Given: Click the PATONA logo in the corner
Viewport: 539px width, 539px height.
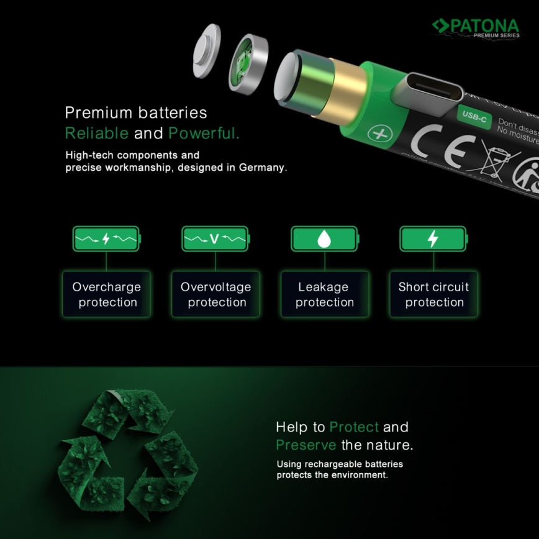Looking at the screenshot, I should click(x=475, y=27).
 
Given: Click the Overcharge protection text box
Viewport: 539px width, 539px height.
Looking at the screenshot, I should click(x=106, y=294).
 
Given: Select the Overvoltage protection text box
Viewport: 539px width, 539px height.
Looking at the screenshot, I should click(x=215, y=294).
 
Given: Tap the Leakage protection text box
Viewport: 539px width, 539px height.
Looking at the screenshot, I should click(x=324, y=294).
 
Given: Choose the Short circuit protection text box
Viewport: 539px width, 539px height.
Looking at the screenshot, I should click(x=434, y=294).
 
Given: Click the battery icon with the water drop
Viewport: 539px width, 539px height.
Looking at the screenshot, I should click(x=324, y=238).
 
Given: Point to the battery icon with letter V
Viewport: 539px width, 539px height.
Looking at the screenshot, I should click(x=215, y=238).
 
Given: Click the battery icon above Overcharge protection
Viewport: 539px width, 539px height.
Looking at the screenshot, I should click(x=106, y=238).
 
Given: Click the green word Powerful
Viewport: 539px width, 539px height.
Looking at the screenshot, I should click(x=204, y=133).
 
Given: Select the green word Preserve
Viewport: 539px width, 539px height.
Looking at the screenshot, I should click(x=306, y=445).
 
